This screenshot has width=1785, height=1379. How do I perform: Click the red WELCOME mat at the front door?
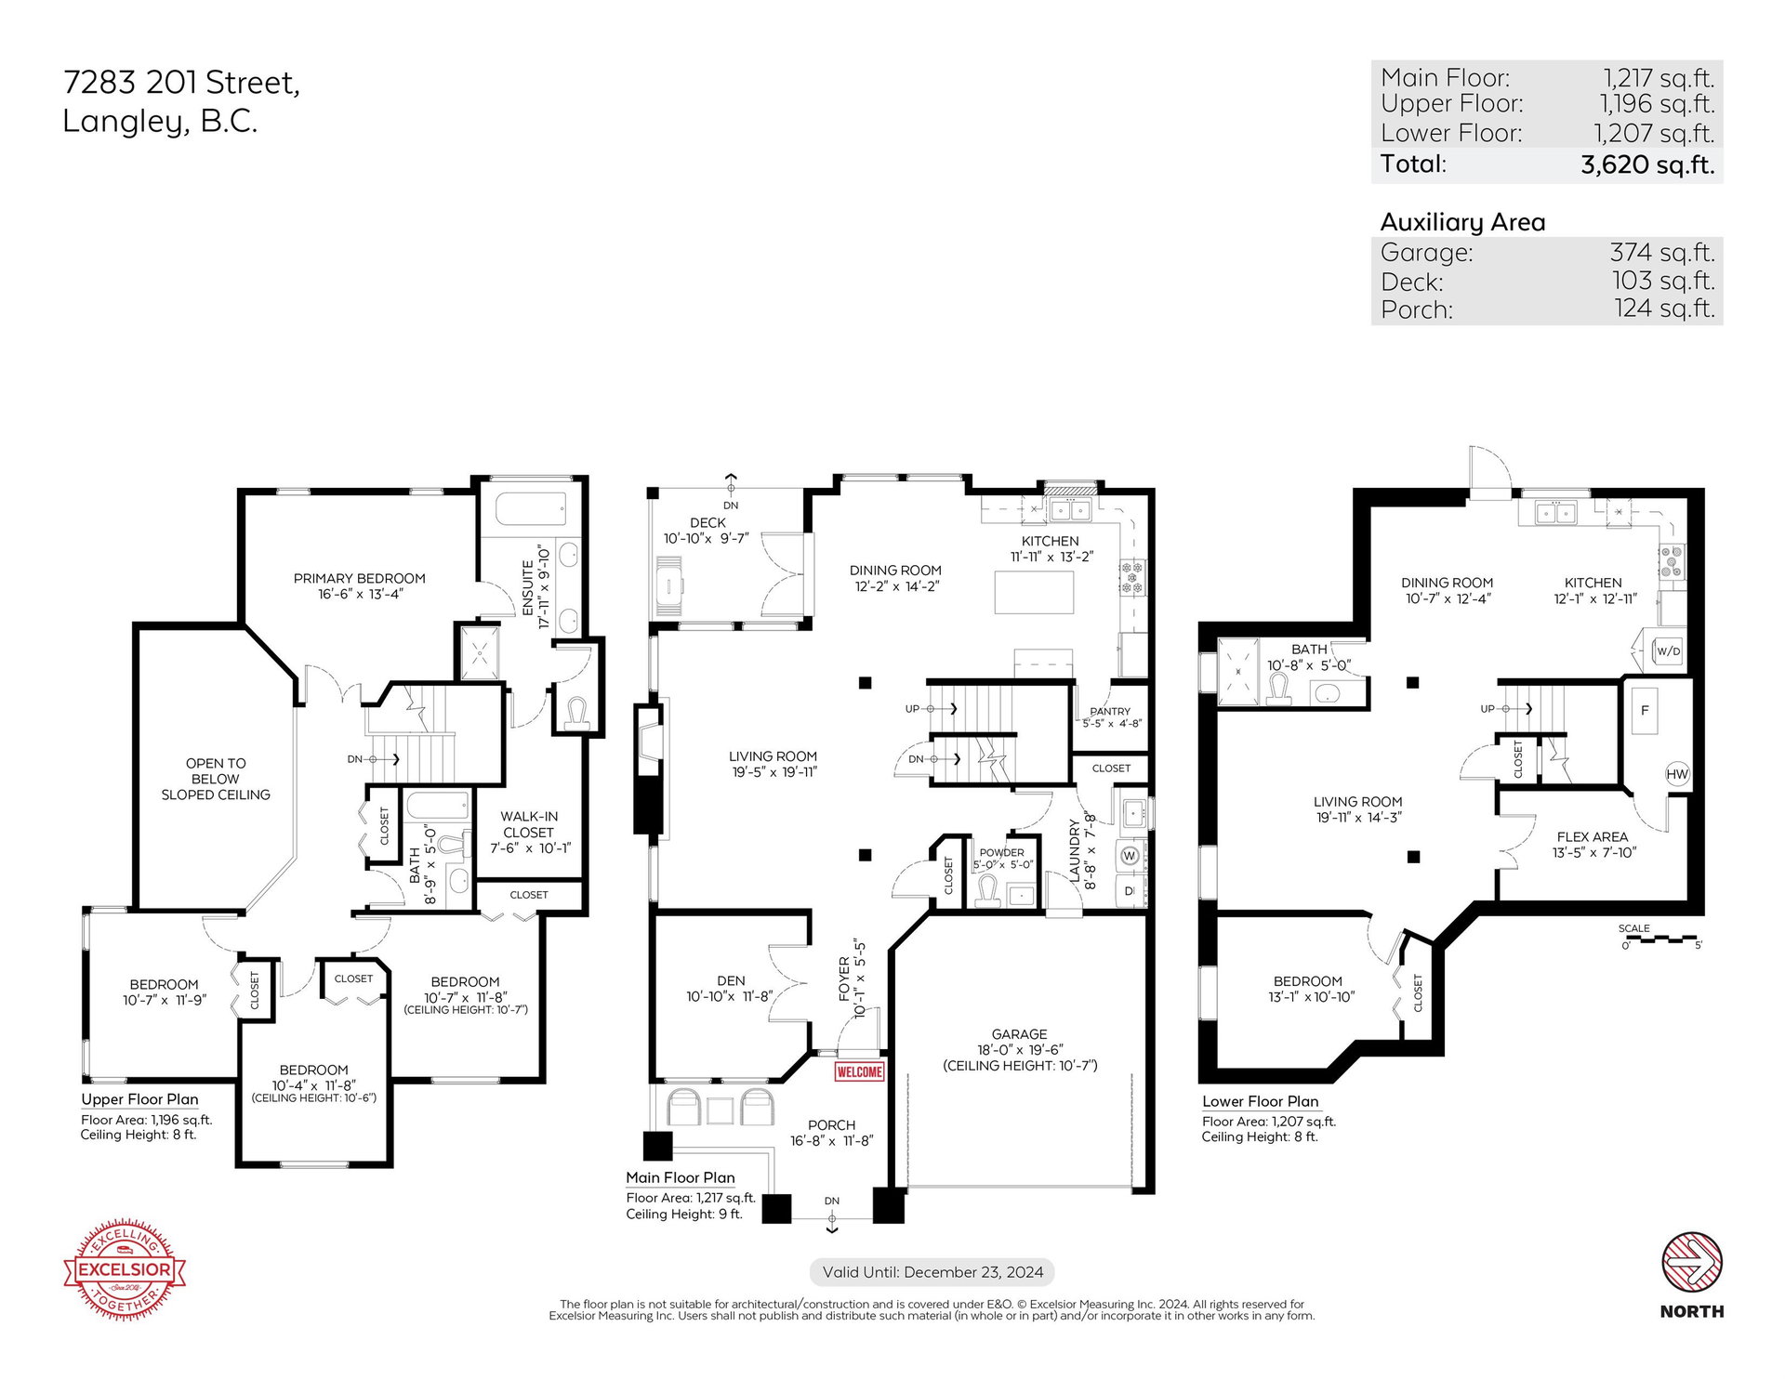[859, 1071]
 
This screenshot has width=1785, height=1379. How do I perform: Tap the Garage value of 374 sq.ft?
[1662, 253]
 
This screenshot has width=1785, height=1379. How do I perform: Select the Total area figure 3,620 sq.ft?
[1647, 164]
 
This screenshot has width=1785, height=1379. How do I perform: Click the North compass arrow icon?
[1692, 1262]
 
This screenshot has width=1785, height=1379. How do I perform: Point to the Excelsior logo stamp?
[125, 1268]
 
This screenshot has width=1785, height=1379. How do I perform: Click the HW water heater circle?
[1677, 774]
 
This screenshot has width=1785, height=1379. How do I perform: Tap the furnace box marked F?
[1645, 711]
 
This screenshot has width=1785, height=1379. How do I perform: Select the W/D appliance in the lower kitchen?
[1669, 650]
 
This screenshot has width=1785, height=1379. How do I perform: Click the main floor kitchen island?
[1034, 592]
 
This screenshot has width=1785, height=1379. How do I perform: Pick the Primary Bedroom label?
[360, 578]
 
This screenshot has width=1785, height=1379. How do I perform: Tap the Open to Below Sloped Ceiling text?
[216, 779]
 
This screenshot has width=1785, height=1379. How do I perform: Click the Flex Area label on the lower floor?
[1593, 836]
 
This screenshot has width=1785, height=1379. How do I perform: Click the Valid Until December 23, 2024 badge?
[932, 1272]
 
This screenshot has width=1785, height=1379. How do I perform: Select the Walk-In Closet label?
[529, 824]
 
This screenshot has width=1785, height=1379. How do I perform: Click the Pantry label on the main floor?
[1110, 711]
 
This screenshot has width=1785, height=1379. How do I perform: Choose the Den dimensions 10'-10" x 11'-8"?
[730, 996]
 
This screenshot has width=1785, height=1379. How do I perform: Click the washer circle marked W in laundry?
[1130, 855]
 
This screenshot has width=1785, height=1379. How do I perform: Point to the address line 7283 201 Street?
[181, 84]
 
